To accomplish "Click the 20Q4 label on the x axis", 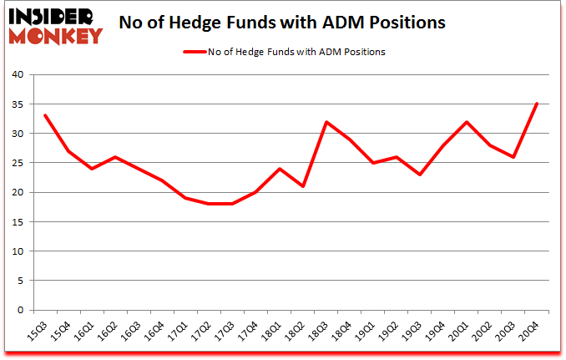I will tap(529, 328).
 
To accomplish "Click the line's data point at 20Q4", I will tap(537, 104).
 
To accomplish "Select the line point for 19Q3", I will tap(420, 175).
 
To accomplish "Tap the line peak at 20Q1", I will tap(467, 122).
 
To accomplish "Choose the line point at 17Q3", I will tap(232, 204).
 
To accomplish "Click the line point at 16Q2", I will tap(114, 157).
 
